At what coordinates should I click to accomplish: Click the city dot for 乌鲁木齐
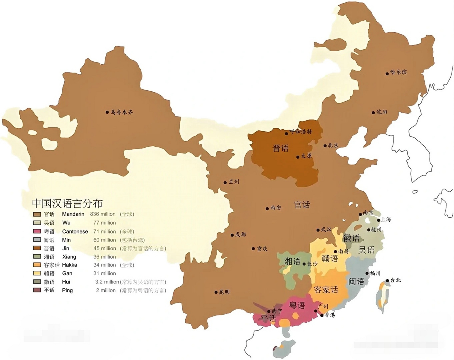click(x=107, y=112)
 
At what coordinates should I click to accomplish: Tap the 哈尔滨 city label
click(x=398, y=72)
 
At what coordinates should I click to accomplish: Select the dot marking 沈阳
click(x=373, y=112)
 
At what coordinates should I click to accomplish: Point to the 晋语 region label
click(x=280, y=148)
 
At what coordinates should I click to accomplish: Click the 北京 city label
click(x=333, y=145)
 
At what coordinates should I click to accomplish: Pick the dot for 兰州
click(x=225, y=183)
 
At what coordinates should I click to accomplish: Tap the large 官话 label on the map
click(x=302, y=205)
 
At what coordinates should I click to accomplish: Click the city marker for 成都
click(x=232, y=235)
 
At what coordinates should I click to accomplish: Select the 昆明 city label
click(x=224, y=292)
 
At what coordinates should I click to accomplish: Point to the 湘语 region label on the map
click(x=292, y=261)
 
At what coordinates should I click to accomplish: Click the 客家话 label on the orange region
click(x=326, y=289)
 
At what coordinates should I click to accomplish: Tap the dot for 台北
click(x=387, y=280)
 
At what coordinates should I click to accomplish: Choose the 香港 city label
click(x=330, y=315)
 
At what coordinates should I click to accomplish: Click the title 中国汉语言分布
click(x=67, y=203)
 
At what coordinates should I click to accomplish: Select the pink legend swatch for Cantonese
click(x=37, y=231)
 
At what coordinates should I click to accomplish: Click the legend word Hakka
click(x=69, y=265)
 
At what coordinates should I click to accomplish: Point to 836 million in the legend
click(x=103, y=214)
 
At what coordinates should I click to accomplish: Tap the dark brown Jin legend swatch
click(x=37, y=248)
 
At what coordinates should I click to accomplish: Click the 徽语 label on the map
click(x=351, y=238)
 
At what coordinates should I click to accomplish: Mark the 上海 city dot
click(x=379, y=220)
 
